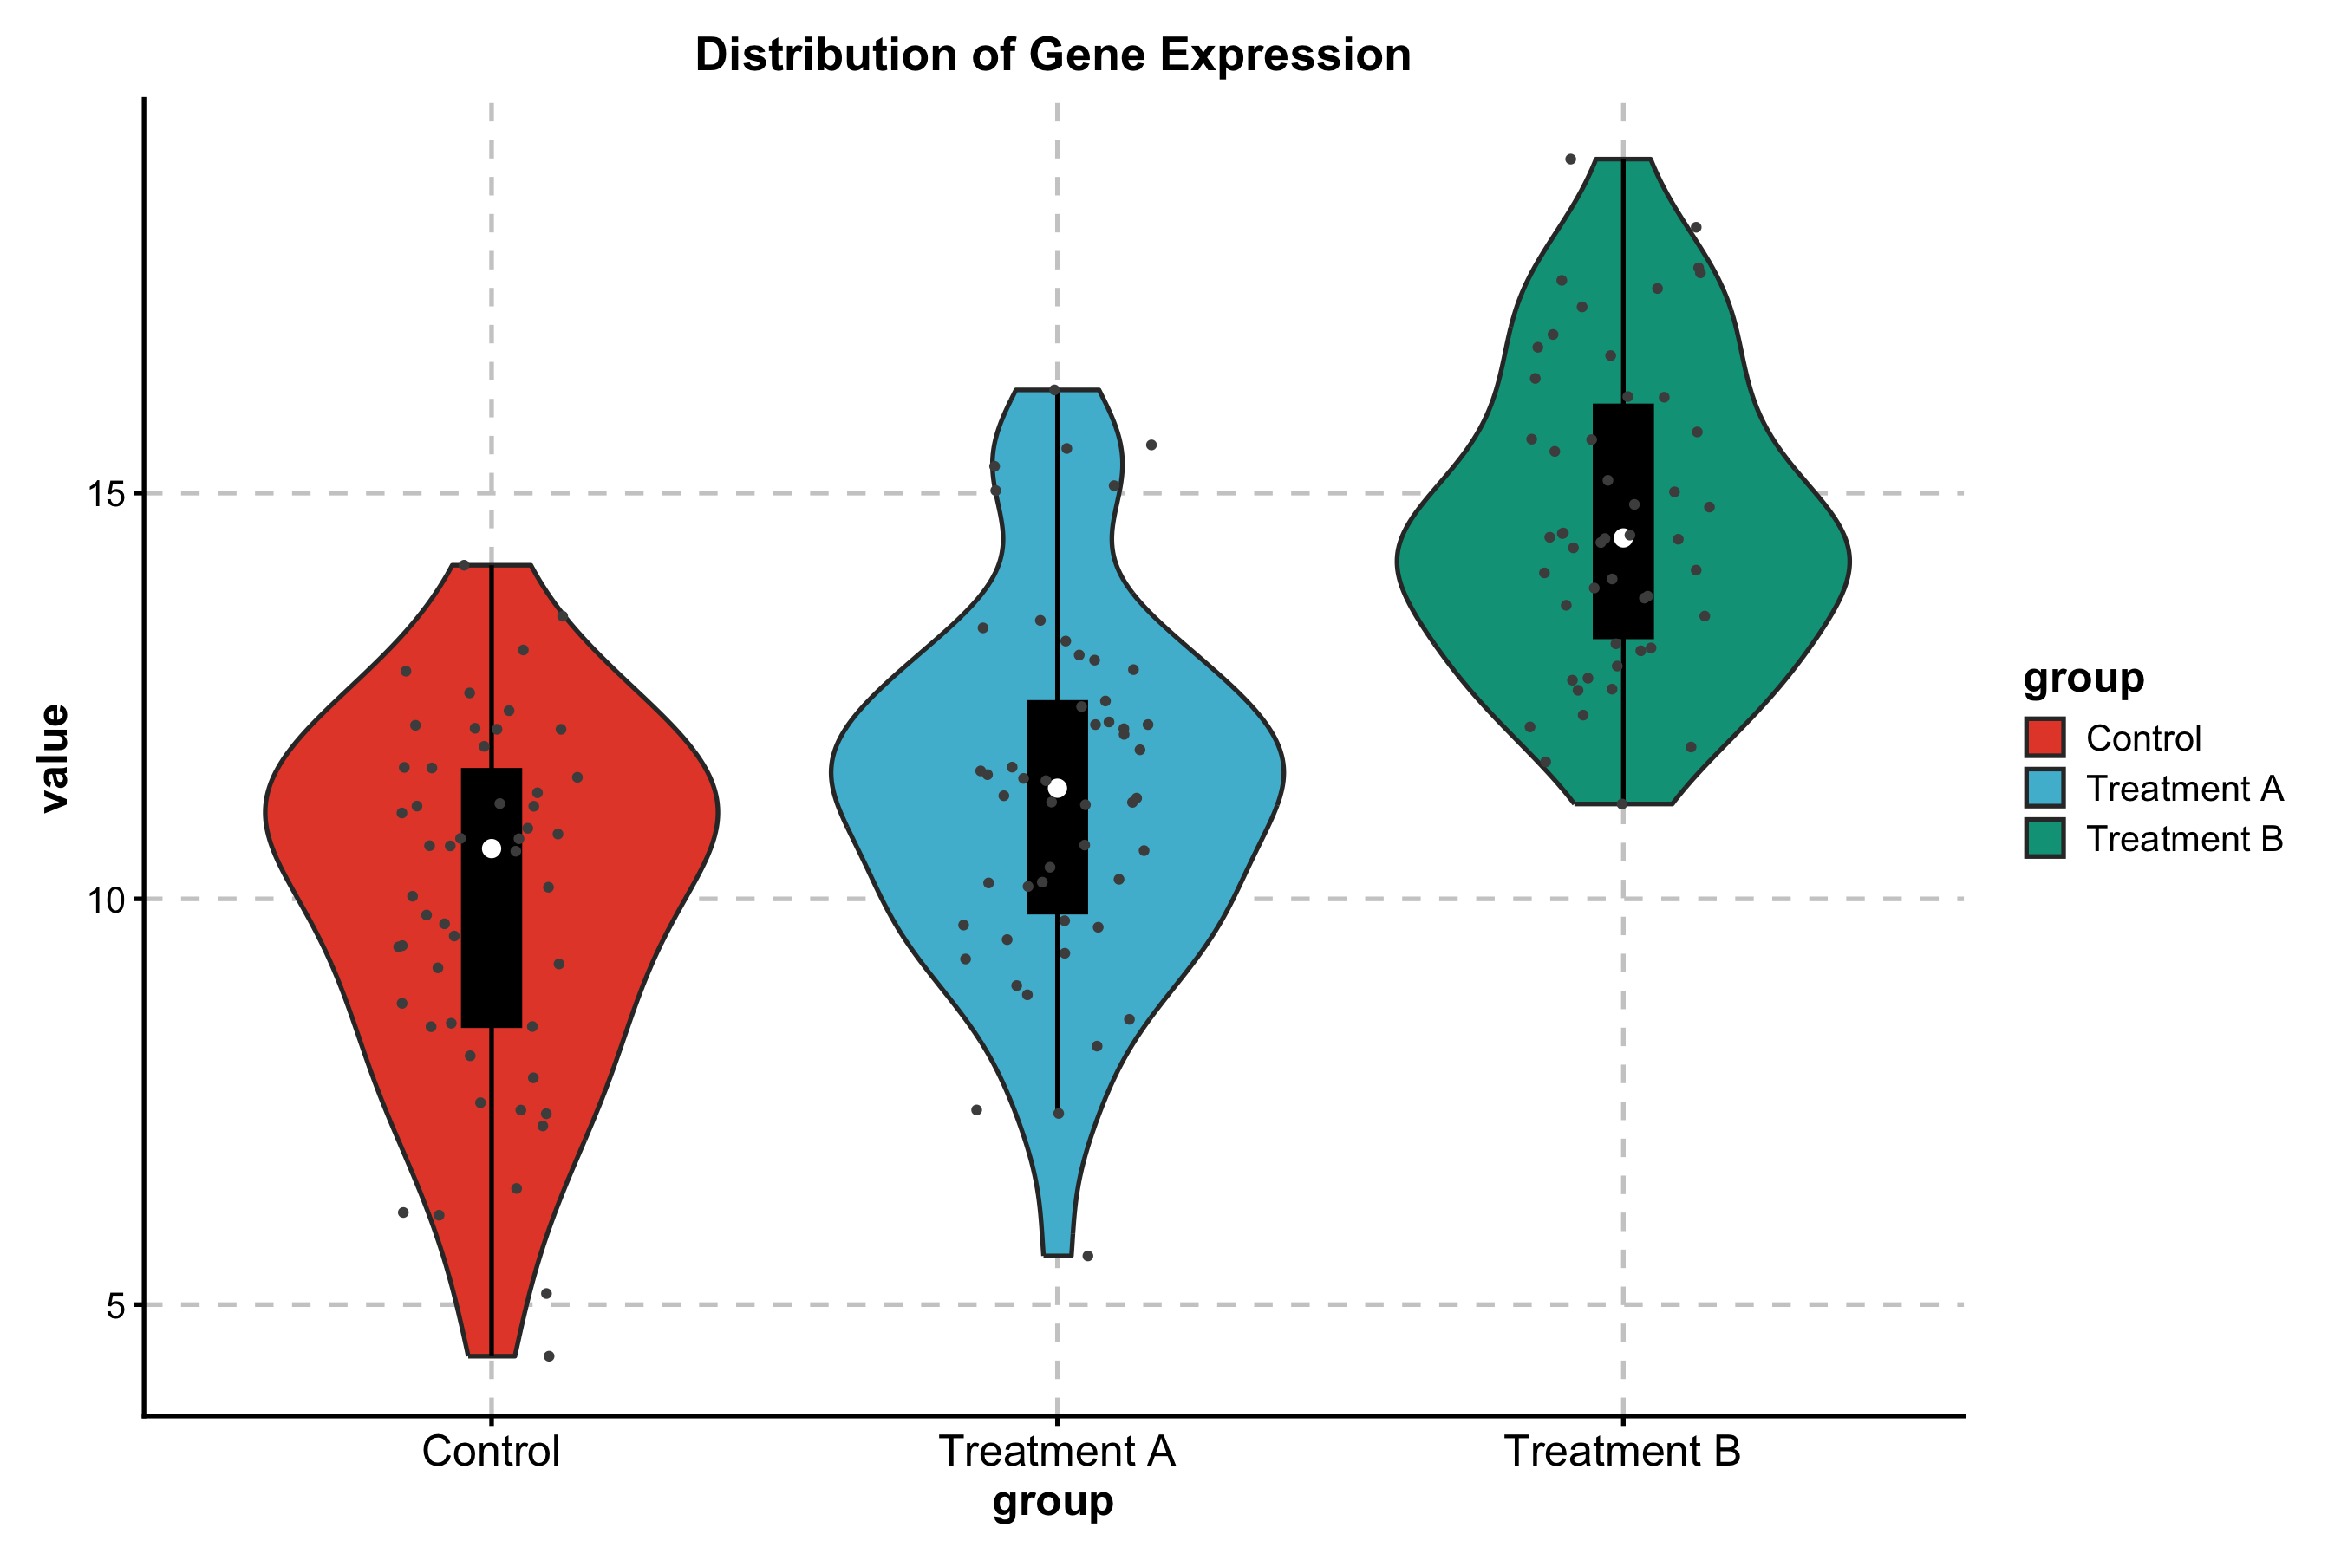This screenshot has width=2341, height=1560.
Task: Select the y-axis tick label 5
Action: click(116, 1305)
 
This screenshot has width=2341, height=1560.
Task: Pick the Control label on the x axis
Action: click(491, 1452)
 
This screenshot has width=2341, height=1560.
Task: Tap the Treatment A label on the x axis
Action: click(1057, 1452)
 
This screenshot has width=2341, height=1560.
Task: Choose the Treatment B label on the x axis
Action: click(1622, 1452)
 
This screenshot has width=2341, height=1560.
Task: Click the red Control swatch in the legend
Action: click(2044, 738)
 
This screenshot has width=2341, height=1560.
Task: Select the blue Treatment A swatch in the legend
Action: click(2044, 788)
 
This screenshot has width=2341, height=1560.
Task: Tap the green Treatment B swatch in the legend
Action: click(2044, 839)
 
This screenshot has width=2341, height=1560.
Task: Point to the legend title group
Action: click(2083, 679)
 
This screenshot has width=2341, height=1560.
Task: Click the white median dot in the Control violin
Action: click(492, 848)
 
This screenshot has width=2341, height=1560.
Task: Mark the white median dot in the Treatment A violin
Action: click(1057, 788)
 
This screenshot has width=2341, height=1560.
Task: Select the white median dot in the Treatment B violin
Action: click(1623, 538)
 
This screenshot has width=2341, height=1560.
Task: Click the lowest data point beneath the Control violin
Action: click(549, 1356)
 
